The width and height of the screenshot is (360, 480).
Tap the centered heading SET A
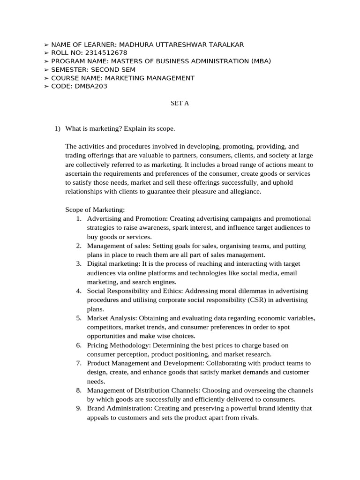(180, 103)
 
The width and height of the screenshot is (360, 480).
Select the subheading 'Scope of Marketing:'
(95, 210)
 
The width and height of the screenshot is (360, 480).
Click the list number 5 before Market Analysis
(79, 318)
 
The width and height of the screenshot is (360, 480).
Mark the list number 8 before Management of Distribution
(79, 390)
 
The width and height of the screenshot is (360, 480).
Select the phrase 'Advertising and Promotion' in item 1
(127, 219)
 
